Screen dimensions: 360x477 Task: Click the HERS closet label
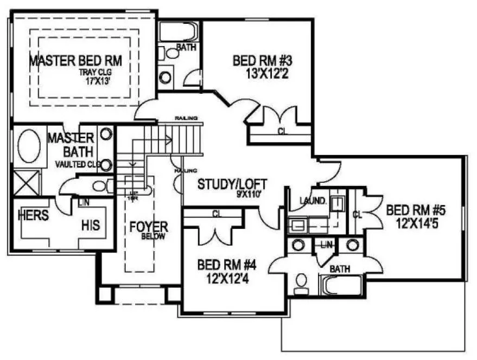tap(33, 215)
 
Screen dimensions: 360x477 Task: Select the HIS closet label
tap(91, 224)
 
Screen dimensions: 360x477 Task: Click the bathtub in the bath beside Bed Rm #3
tap(177, 31)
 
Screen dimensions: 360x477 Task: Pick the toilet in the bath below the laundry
tap(300, 282)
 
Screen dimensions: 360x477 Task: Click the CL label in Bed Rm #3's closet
tap(282, 131)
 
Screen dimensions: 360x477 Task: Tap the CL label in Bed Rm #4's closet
tap(217, 214)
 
